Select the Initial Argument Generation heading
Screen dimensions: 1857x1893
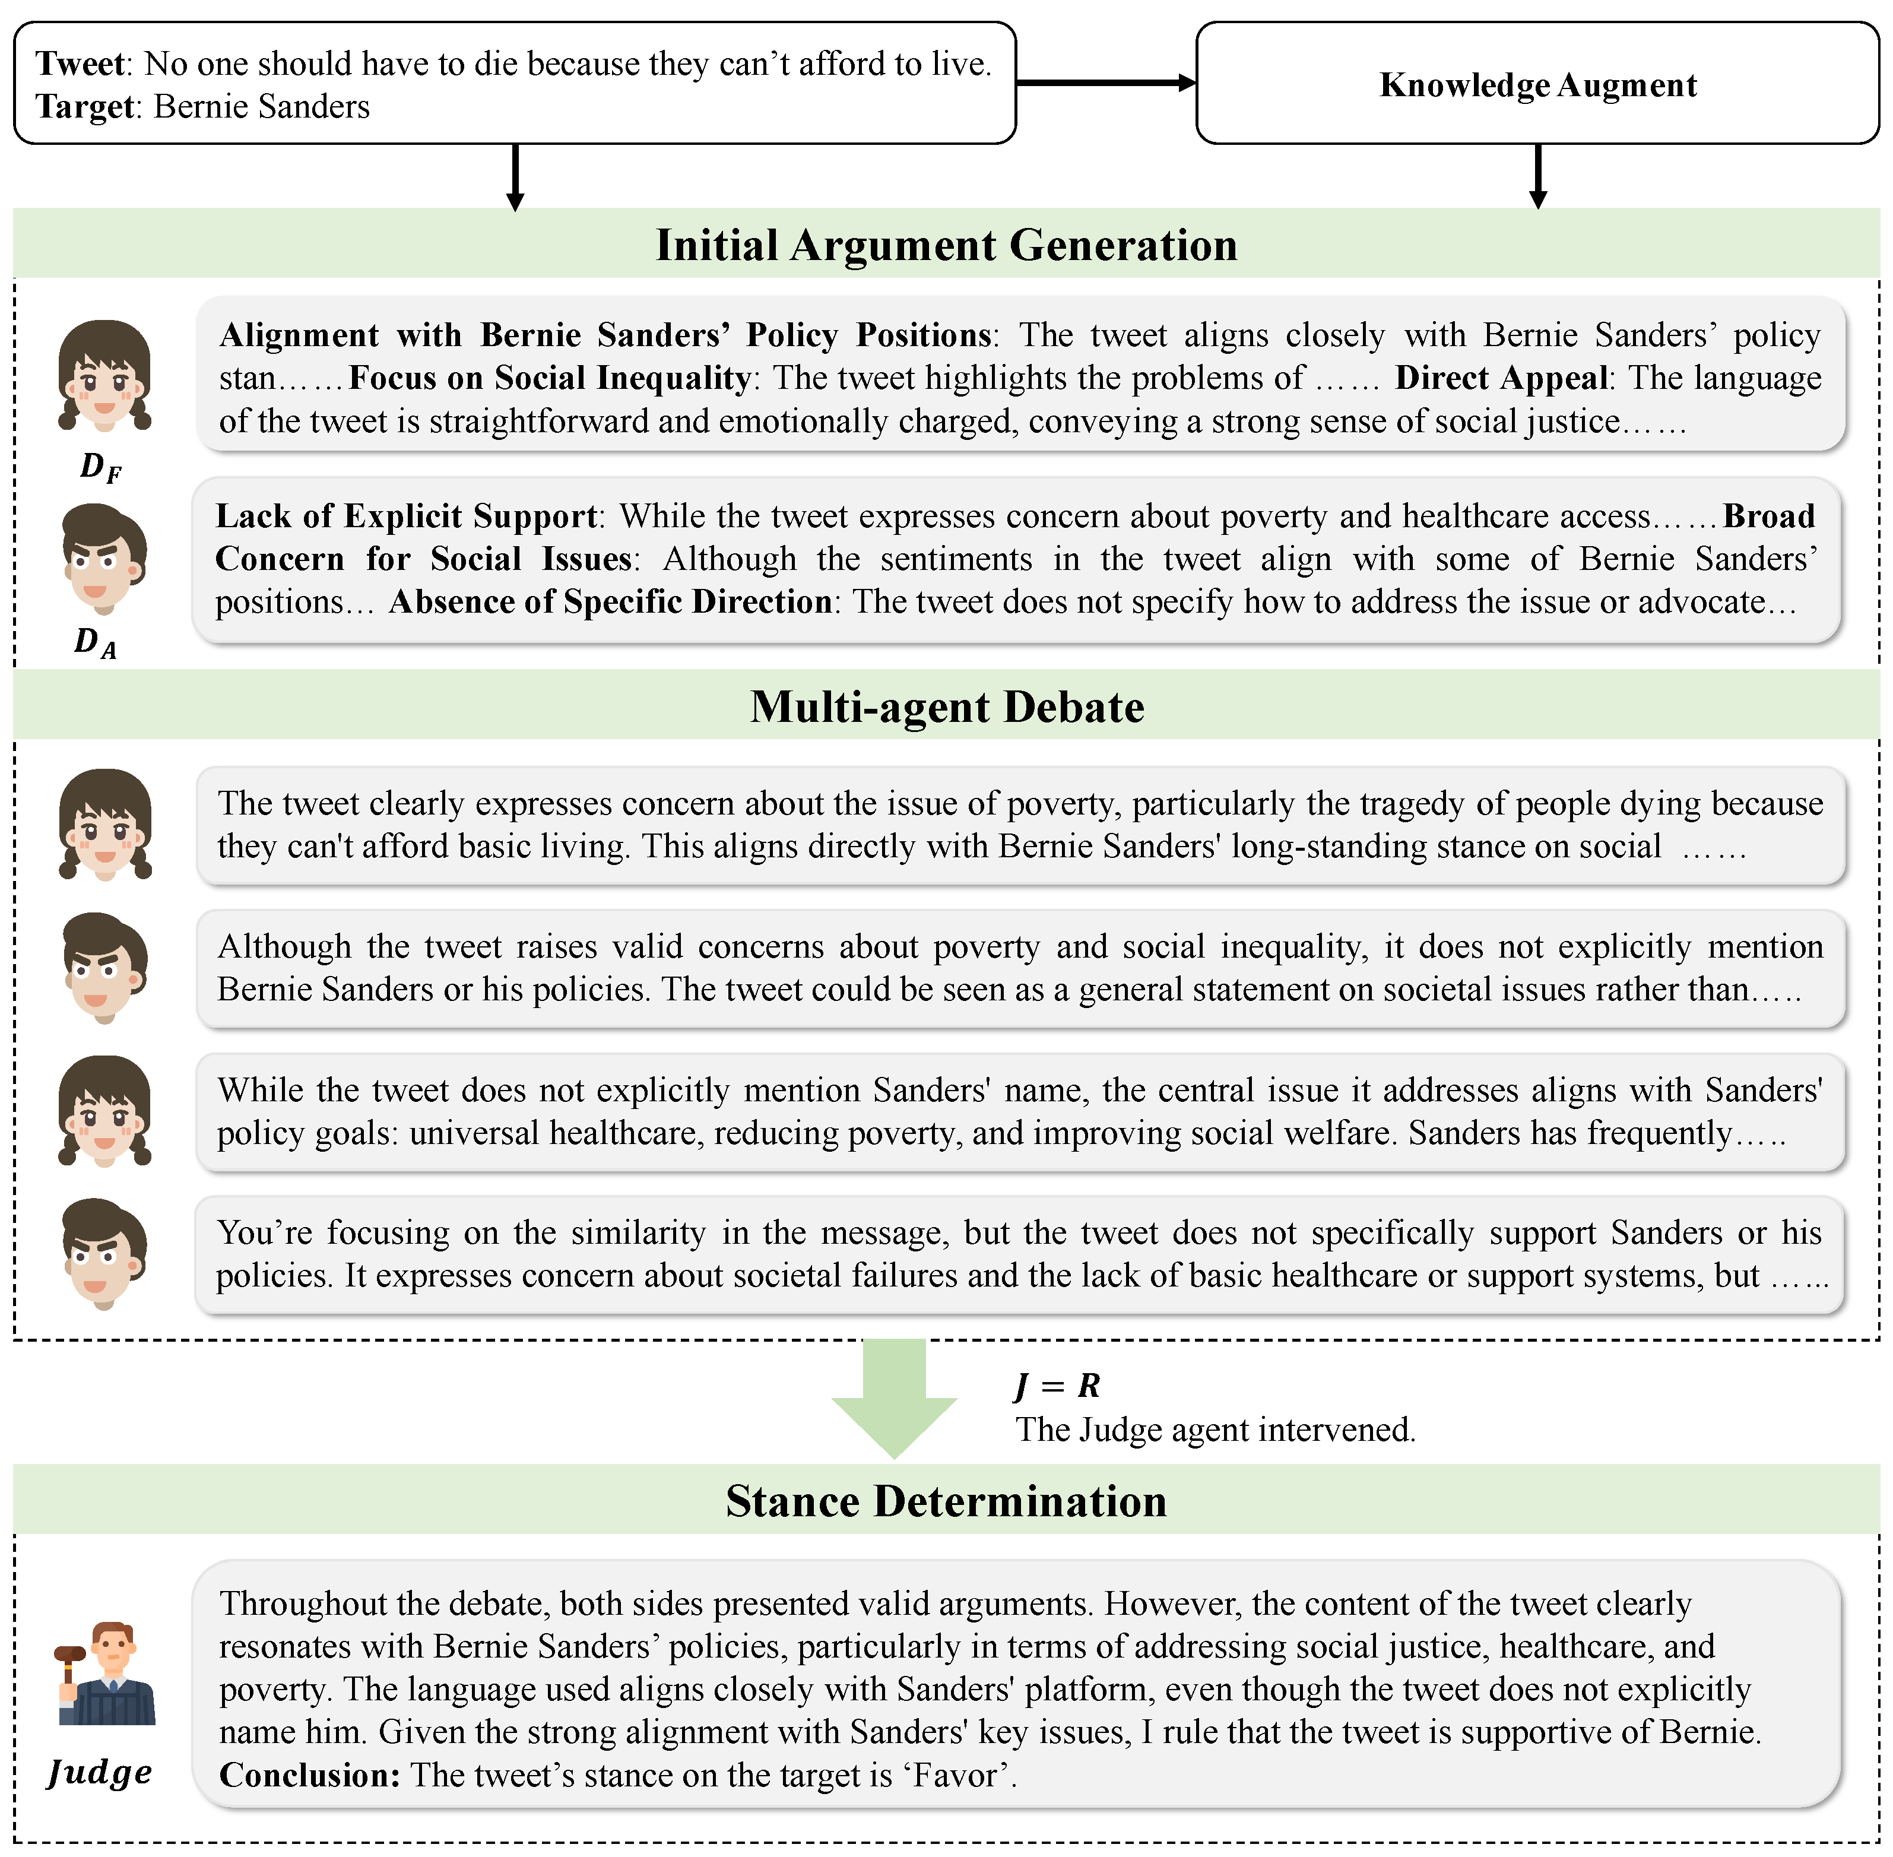coord(946,245)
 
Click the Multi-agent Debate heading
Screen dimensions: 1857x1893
coord(946,707)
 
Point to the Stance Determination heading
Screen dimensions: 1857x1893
coord(946,1501)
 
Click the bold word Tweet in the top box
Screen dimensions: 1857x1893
coord(80,64)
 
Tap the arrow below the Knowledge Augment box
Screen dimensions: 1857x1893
coord(1538,176)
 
